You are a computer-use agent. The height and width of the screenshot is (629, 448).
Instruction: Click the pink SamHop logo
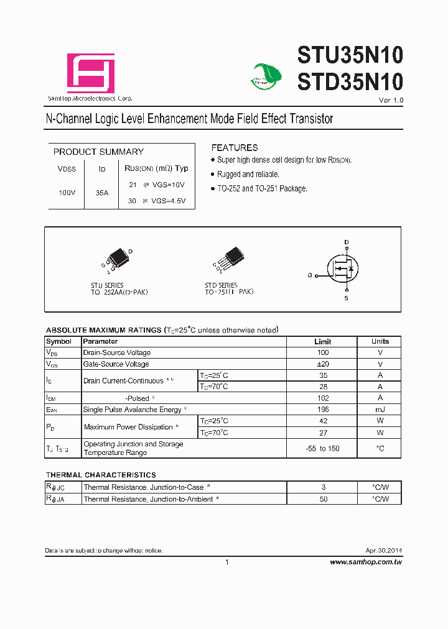91,73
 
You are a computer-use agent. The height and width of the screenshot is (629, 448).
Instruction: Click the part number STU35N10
350,55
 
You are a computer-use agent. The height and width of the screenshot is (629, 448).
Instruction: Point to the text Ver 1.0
391,101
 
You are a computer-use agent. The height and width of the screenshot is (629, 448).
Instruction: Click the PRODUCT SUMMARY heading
98,152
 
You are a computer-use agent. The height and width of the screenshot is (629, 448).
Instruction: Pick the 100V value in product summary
67,193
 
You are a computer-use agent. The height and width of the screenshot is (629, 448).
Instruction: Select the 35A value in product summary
102,193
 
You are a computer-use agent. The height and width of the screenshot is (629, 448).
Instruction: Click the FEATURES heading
235,148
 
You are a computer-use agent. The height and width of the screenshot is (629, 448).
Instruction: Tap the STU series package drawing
118,260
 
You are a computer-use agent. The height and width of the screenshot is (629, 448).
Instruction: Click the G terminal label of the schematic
309,275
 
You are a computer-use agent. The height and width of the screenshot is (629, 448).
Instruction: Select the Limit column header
322,341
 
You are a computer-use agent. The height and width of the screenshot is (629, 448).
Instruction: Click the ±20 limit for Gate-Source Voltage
323,364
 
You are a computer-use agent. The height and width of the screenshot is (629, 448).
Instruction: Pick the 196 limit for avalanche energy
323,410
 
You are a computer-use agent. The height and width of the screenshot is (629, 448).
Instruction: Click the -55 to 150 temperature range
323,449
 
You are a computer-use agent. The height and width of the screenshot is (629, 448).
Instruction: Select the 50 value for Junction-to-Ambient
323,499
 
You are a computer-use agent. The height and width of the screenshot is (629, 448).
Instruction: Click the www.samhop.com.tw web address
365,562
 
